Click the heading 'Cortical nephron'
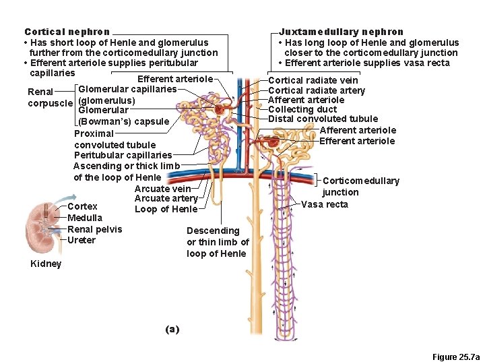pos(67,32)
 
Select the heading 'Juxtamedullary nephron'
pos(341,32)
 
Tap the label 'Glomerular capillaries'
pos(127,89)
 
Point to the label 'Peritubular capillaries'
pos(123,155)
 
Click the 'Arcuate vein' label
pos(162,189)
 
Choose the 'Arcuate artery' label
pos(166,198)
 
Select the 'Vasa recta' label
pos(324,204)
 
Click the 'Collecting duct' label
pos(302,109)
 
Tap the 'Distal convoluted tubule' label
pos(323,119)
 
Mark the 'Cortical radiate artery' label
pos(317,90)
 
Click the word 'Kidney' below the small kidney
pos(46,264)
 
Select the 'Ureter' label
pos(82,240)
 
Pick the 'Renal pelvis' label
pos(95,229)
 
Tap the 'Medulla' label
pos(85,218)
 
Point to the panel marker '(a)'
pos(172,329)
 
